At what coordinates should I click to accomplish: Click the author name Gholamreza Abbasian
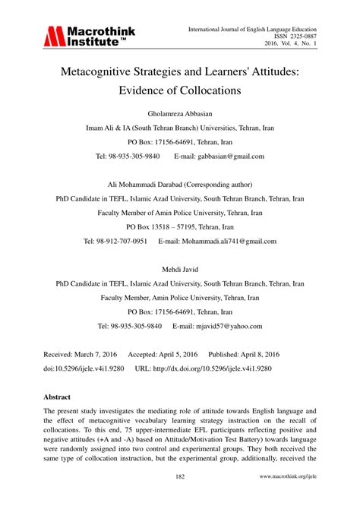click(179, 112)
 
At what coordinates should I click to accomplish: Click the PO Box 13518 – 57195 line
click(179, 227)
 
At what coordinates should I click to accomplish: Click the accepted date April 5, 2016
click(174, 355)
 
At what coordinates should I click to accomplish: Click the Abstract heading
click(57, 397)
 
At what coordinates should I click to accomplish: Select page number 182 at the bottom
click(179, 498)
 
